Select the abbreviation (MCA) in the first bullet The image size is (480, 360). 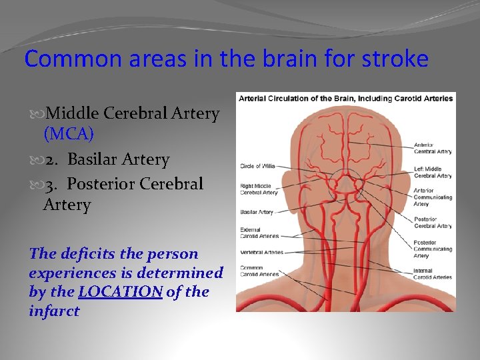68,133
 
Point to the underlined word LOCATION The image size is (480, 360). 120,291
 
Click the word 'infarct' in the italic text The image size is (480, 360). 54,311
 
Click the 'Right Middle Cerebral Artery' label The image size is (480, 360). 259,189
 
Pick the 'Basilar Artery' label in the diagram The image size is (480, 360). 257,212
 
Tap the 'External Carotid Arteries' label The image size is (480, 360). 259,233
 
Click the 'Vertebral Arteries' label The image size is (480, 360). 261,253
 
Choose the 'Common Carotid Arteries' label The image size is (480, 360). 259,271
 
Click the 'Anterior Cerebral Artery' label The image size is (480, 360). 433,148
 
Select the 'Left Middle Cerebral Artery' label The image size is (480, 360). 433,172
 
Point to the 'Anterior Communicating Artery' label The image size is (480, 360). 433,197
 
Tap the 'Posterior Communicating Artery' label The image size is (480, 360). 433,249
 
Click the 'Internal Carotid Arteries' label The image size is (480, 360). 433,273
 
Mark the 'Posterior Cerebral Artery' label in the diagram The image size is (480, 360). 433,222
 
